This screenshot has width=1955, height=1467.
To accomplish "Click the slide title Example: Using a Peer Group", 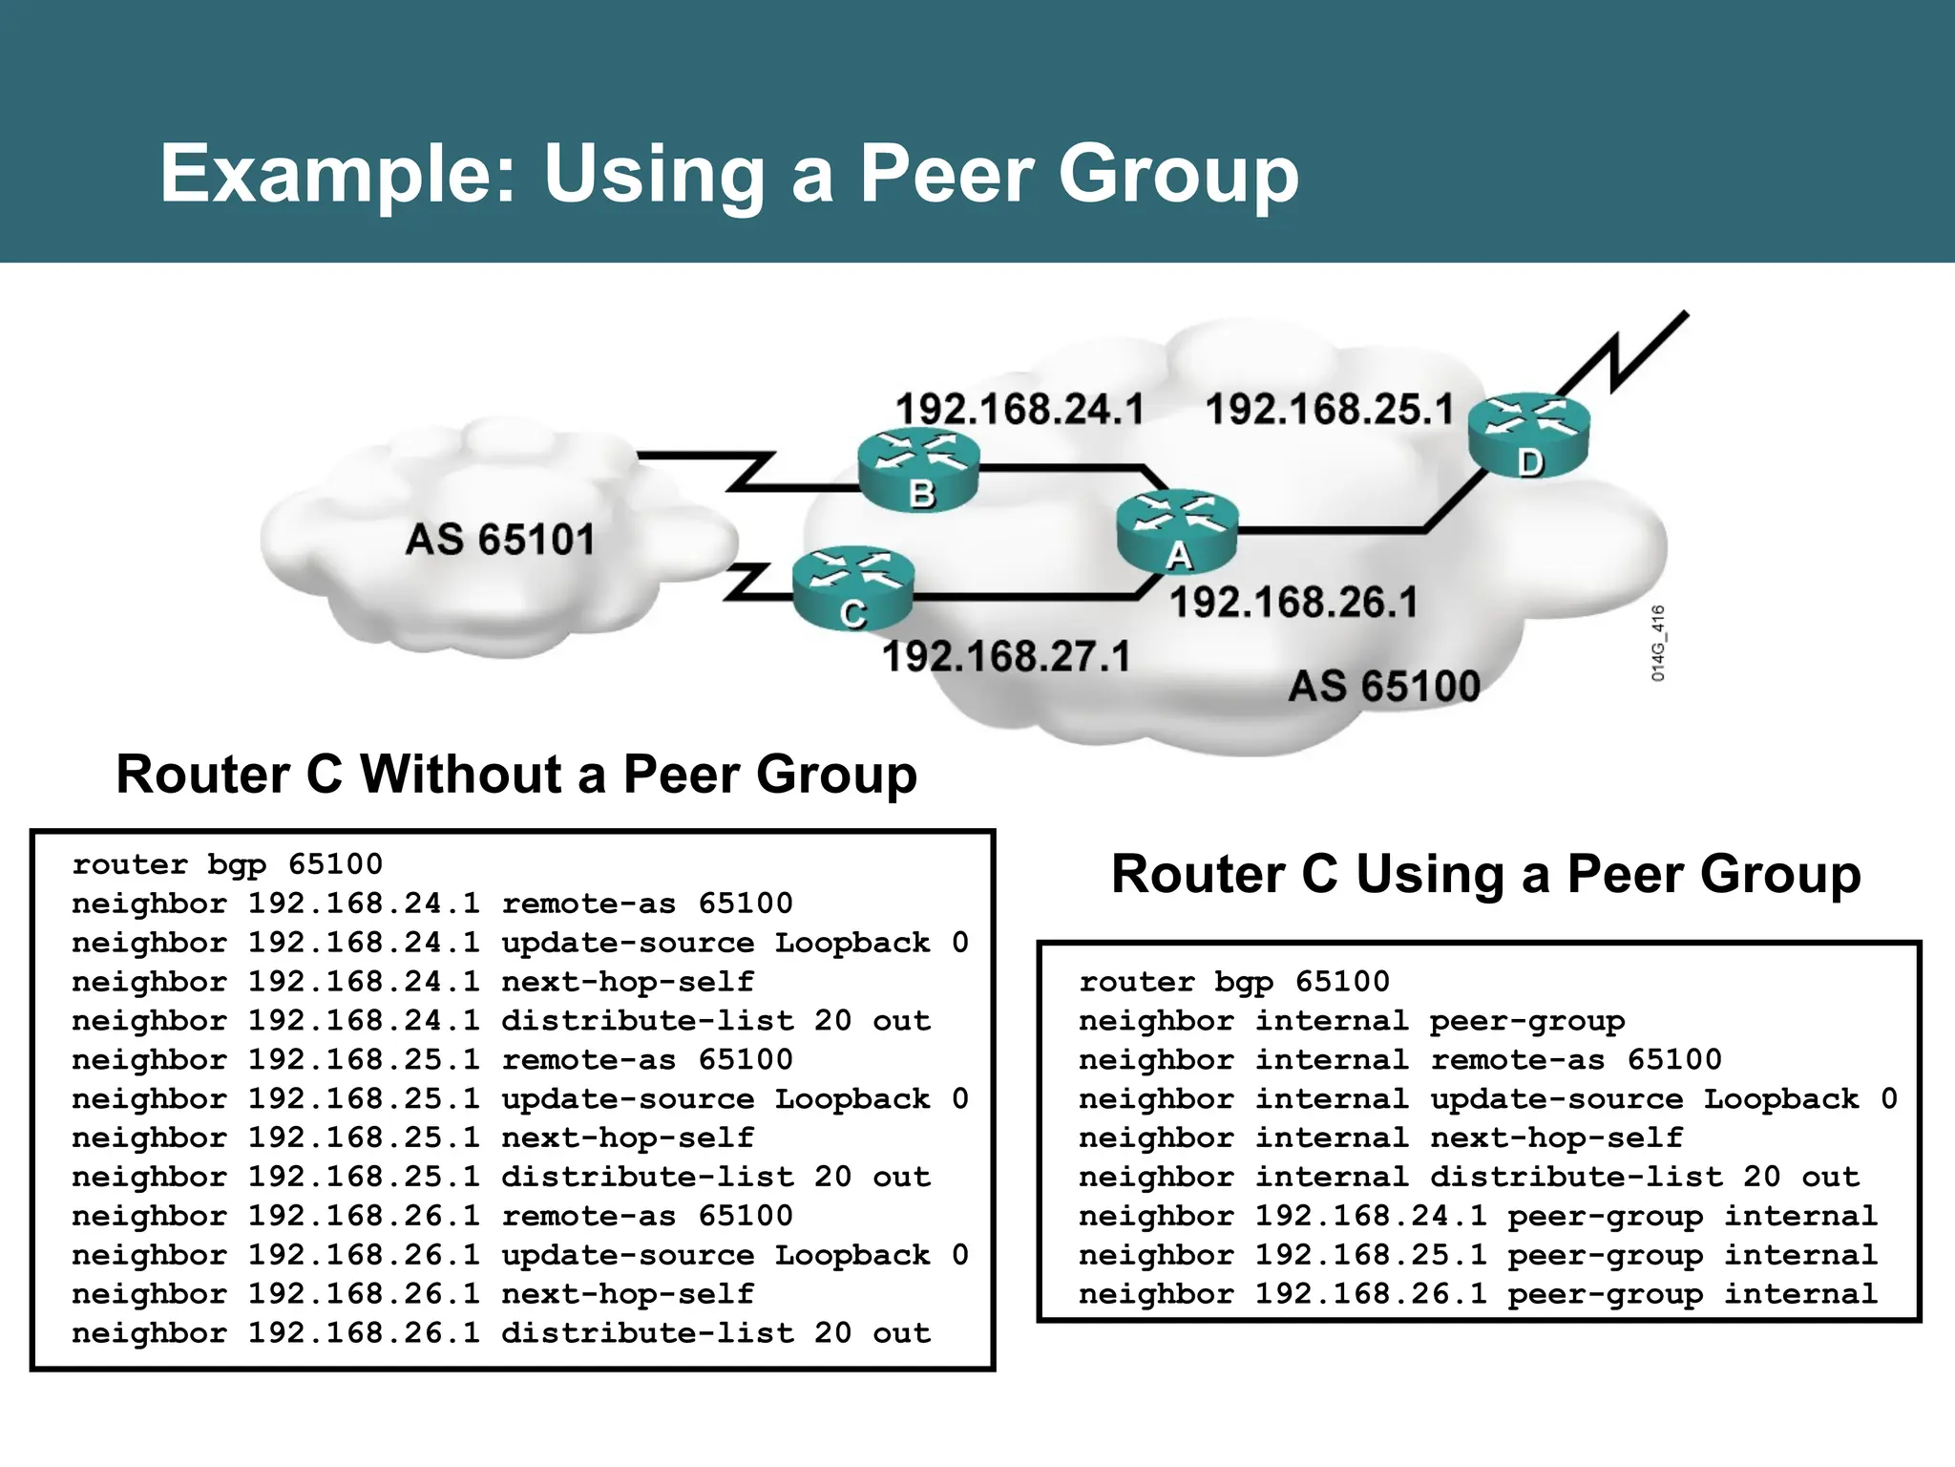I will [x=729, y=174].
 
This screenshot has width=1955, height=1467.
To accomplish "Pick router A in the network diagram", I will [x=1177, y=530].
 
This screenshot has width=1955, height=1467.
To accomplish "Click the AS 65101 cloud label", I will [x=499, y=540].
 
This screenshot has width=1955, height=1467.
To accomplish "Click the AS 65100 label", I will [x=1383, y=687].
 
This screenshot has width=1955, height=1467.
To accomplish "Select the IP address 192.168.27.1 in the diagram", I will [x=1005, y=657].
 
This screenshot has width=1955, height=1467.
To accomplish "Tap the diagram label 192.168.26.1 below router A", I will [x=1293, y=603].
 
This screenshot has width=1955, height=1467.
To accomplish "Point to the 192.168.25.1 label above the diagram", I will [x=1329, y=410].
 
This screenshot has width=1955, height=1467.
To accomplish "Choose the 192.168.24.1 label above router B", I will [x=1019, y=410].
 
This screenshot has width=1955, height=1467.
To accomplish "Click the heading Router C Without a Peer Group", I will [x=516, y=774].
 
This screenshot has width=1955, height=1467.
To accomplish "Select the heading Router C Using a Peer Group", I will [x=1485, y=874].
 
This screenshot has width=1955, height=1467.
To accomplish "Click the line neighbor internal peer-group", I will [x=1351, y=1021].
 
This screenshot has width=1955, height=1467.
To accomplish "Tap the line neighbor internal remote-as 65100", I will [x=1399, y=1060].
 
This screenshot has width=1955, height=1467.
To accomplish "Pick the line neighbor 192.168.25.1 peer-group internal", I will [x=1477, y=1256].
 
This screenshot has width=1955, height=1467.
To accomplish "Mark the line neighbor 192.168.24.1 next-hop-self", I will [x=412, y=982].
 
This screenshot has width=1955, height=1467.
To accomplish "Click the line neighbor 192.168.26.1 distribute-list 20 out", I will [x=500, y=1333].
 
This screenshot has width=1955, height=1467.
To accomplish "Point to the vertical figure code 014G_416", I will [x=1658, y=643].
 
